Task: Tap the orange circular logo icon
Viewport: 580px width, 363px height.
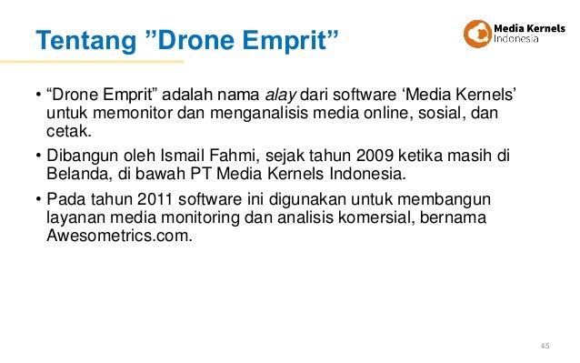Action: tap(477, 34)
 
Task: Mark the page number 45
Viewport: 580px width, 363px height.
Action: tap(545, 345)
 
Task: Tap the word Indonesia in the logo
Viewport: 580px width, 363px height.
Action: tap(520, 40)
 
